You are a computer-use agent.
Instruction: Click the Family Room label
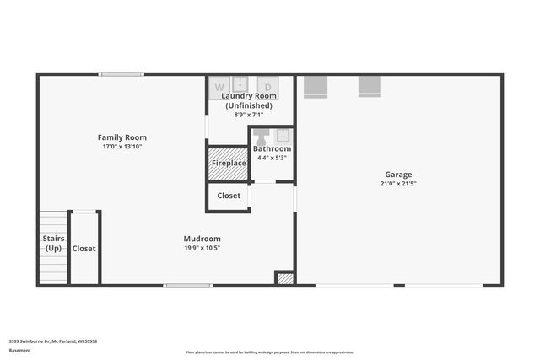pos(122,137)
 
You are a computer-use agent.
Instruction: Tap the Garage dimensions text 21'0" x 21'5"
pos(399,183)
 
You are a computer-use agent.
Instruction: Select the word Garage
pos(399,175)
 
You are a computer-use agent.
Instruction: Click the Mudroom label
pos(202,239)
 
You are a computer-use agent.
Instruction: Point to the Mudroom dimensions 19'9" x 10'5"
pos(202,248)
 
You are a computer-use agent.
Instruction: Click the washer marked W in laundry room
pos(219,86)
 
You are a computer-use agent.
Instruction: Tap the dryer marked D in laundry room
pos(266,86)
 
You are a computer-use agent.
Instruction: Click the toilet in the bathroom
pos(260,135)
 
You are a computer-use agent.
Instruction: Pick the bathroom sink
pos(283,134)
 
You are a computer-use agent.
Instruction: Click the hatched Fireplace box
pos(229,163)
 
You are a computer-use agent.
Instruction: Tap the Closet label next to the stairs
pos(84,249)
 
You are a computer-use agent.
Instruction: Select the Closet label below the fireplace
pos(229,196)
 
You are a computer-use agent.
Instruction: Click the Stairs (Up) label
pos(53,244)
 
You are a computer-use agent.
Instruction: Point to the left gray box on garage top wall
pos(316,86)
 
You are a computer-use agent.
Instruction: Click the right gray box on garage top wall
pos(370,86)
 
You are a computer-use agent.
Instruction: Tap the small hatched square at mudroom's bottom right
pos(285,277)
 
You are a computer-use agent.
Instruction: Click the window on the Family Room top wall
pos(121,74)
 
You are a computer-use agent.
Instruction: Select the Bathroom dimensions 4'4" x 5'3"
pos(271,158)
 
